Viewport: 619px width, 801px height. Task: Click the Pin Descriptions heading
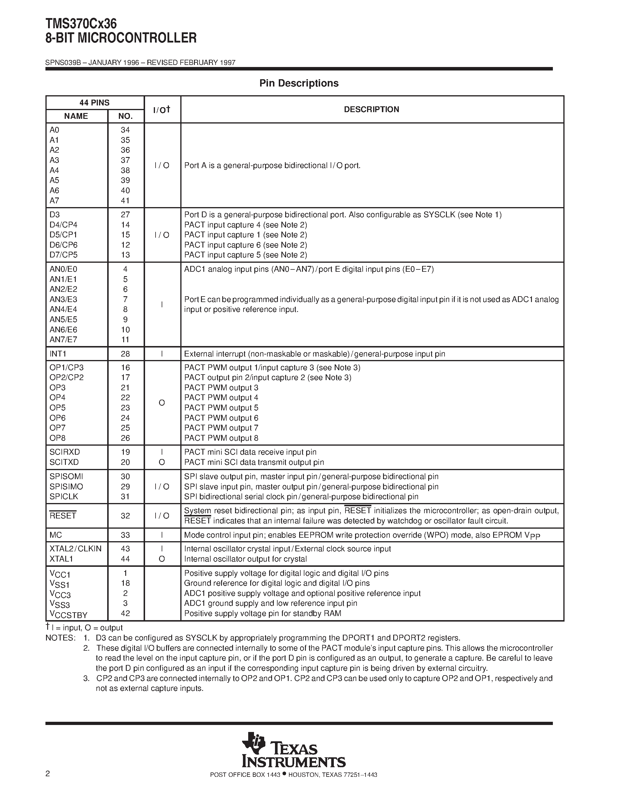click(x=299, y=83)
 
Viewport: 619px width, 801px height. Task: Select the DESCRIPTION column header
click(x=371, y=109)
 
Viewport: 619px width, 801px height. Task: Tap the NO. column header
click(x=126, y=116)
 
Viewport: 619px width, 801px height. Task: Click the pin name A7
click(x=54, y=201)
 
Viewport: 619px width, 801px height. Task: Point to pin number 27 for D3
click(x=126, y=215)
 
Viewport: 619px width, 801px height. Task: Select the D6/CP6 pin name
click(x=64, y=245)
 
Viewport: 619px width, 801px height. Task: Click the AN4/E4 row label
click(x=64, y=309)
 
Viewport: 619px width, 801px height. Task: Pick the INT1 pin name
click(x=58, y=354)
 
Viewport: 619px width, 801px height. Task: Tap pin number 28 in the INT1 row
click(x=126, y=354)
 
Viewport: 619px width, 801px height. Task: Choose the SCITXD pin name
click(x=64, y=462)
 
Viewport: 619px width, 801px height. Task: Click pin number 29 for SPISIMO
click(x=126, y=487)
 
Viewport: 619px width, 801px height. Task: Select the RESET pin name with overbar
click(x=63, y=515)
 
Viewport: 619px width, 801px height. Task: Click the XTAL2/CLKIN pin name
click(x=75, y=549)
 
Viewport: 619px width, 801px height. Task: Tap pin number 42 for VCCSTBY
click(x=126, y=613)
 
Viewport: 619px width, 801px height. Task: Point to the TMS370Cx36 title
click(x=81, y=24)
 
